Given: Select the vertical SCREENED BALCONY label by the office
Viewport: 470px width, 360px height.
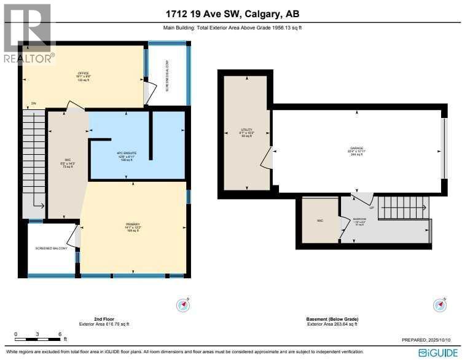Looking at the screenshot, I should click(167, 76).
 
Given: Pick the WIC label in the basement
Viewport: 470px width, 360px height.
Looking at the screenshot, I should click(320, 220).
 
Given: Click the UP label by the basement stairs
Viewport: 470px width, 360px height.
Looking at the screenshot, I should click(370, 208).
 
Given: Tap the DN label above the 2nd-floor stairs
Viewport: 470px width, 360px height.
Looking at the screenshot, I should click(34, 103).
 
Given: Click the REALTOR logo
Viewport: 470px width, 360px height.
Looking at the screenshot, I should click(28, 34).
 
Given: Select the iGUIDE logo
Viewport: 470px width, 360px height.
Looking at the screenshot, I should click(439, 353).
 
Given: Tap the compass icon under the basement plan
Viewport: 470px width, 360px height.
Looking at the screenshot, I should click(439, 305).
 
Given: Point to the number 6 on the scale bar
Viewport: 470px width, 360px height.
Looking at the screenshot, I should click(60, 334).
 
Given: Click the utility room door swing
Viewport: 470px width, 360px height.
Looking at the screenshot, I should click(266, 158).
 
